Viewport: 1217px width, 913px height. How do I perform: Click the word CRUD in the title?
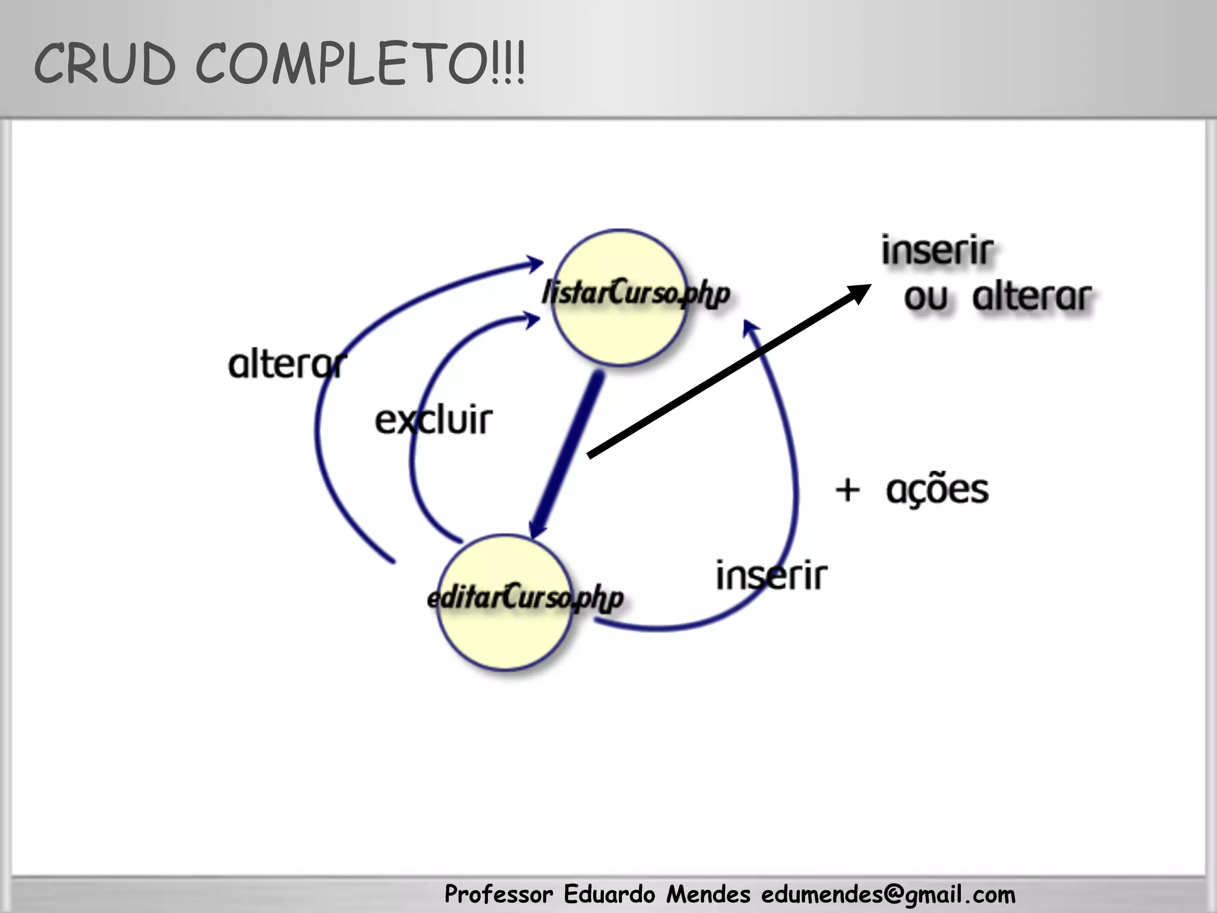pos(105,64)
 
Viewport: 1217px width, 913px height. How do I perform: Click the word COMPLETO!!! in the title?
pos(360,64)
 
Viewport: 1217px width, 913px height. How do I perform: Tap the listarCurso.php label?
pos(635,293)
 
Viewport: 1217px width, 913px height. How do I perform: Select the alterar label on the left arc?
pos(287,364)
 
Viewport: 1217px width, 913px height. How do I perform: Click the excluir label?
pos(433,420)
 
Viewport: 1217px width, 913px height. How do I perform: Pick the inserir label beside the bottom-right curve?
pos(771,575)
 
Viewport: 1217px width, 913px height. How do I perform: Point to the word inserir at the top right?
pos(937,251)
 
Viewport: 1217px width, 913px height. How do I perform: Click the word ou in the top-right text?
pos(925,297)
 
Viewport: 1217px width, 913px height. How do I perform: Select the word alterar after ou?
pos(1032,297)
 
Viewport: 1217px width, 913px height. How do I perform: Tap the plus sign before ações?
pos(847,490)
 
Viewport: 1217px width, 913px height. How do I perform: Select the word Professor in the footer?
pos(499,895)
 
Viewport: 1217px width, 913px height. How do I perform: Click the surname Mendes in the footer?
pos(708,894)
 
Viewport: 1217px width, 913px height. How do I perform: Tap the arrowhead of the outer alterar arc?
pos(534,263)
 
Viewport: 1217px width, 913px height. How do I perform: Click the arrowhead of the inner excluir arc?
pos(531,320)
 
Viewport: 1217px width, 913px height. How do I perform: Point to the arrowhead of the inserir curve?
pos(751,328)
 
